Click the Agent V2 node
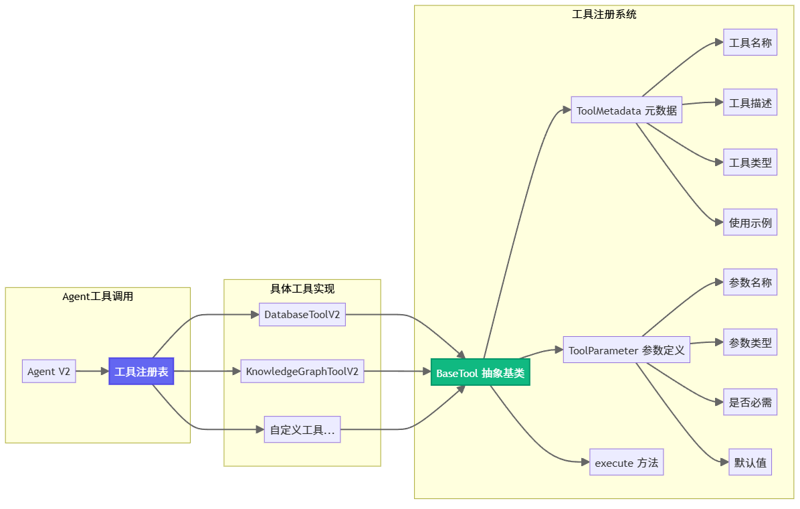(49, 372)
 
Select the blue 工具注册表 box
(141, 372)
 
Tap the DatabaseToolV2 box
(302, 314)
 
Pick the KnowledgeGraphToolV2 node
(302, 372)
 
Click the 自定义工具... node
(302, 430)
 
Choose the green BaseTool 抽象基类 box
(480, 373)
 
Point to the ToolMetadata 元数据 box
(626, 111)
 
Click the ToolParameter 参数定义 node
(626, 350)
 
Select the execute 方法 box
(626, 463)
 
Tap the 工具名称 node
(750, 43)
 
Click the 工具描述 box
(750, 103)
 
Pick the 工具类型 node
(750, 163)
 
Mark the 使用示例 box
(750, 222)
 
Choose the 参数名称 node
(750, 283)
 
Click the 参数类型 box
(750, 343)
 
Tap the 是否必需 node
(750, 403)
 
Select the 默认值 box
(750, 463)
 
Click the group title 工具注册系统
(604, 14)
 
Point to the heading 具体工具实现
(302, 289)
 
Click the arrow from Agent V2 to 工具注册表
(92, 372)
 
